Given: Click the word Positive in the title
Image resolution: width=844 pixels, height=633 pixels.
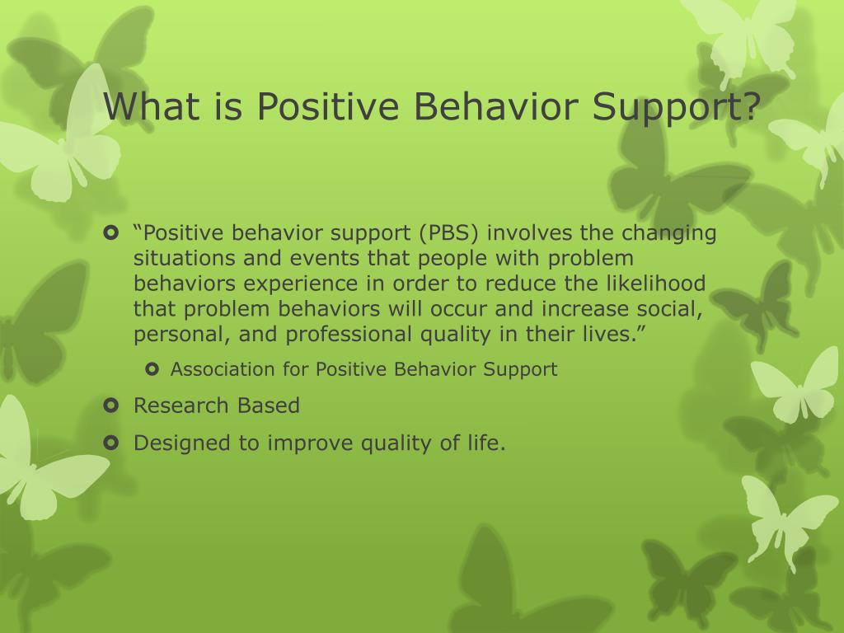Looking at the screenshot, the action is (328, 106).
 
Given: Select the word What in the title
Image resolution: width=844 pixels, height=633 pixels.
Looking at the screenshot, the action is (152, 106).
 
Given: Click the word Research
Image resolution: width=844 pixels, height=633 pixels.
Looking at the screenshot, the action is (181, 406).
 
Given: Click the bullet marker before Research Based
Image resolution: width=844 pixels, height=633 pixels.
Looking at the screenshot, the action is (110, 405).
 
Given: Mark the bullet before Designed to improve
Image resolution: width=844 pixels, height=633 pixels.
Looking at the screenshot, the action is (110, 443).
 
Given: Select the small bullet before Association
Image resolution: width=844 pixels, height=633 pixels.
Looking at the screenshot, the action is (152, 369).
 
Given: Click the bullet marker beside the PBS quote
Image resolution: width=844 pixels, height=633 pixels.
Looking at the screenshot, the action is (110, 233).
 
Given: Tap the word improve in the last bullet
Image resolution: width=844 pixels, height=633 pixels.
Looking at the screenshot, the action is (310, 443).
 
